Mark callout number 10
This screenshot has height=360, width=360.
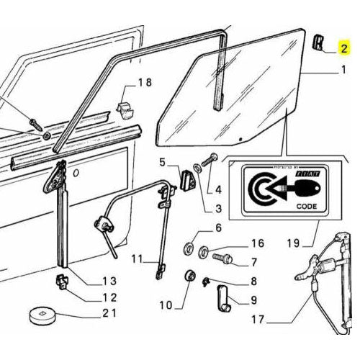[x=165, y=305]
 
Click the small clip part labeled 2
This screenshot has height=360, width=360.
[x=318, y=44]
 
